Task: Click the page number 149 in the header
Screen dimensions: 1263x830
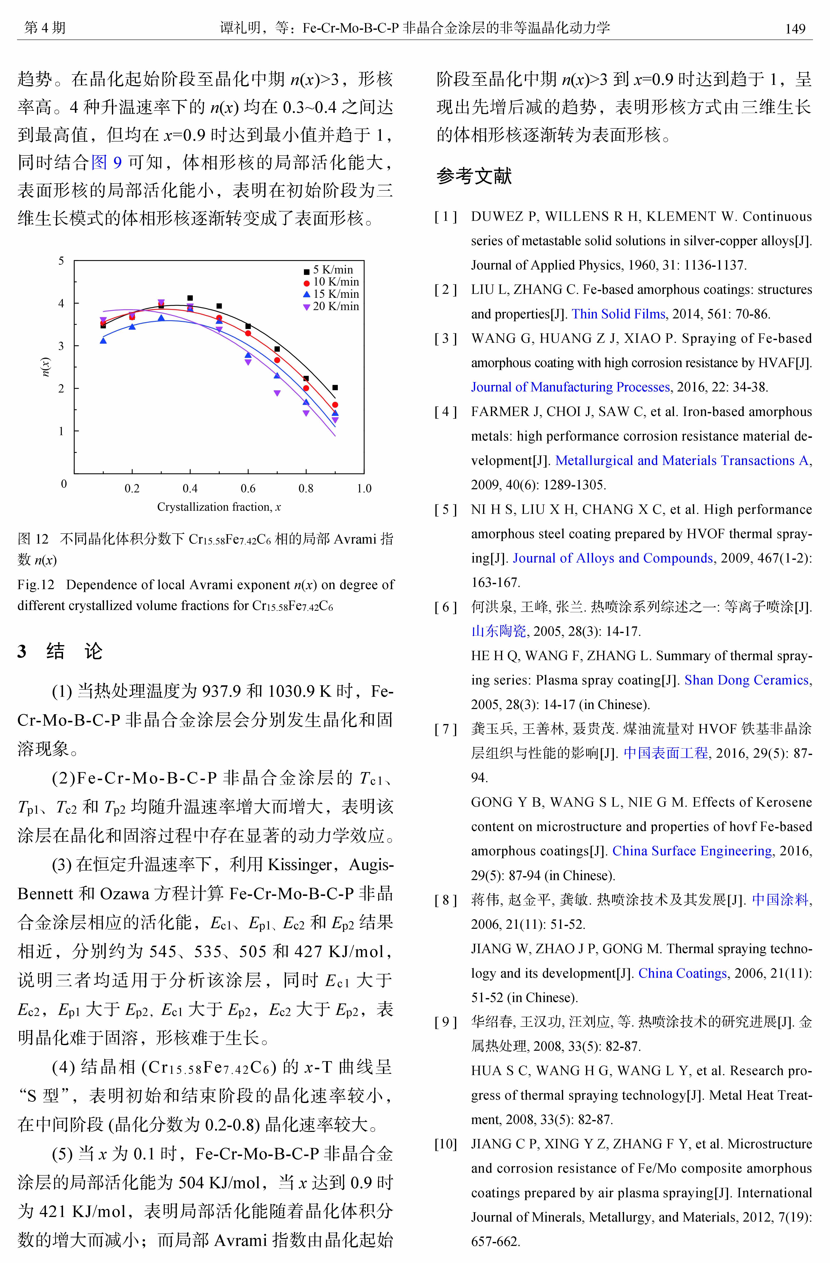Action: click(795, 29)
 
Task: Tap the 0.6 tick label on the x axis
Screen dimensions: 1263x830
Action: click(248, 488)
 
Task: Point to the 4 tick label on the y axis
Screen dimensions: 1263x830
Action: click(62, 303)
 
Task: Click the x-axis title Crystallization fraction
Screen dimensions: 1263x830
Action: click(218, 507)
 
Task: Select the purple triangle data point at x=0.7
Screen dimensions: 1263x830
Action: click(277, 393)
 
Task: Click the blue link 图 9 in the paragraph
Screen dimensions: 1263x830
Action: click(107, 162)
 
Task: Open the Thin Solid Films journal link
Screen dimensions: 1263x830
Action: click(618, 314)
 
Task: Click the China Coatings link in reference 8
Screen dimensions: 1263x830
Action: click(682, 973)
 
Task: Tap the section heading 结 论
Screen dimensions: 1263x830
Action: click(74, 651)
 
